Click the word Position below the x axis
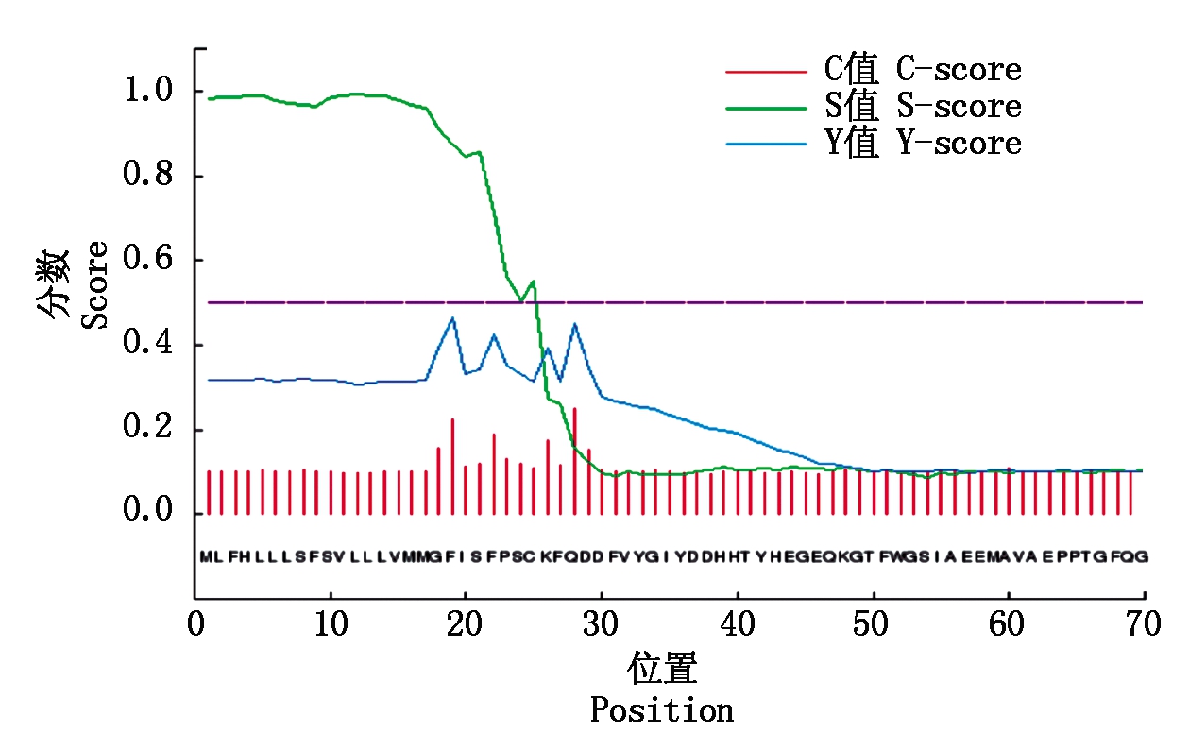[x=662, y=709]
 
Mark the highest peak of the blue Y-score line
[x=452, y=318]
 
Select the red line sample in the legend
[x=765, y=71]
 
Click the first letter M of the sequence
[x=205, y=557]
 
